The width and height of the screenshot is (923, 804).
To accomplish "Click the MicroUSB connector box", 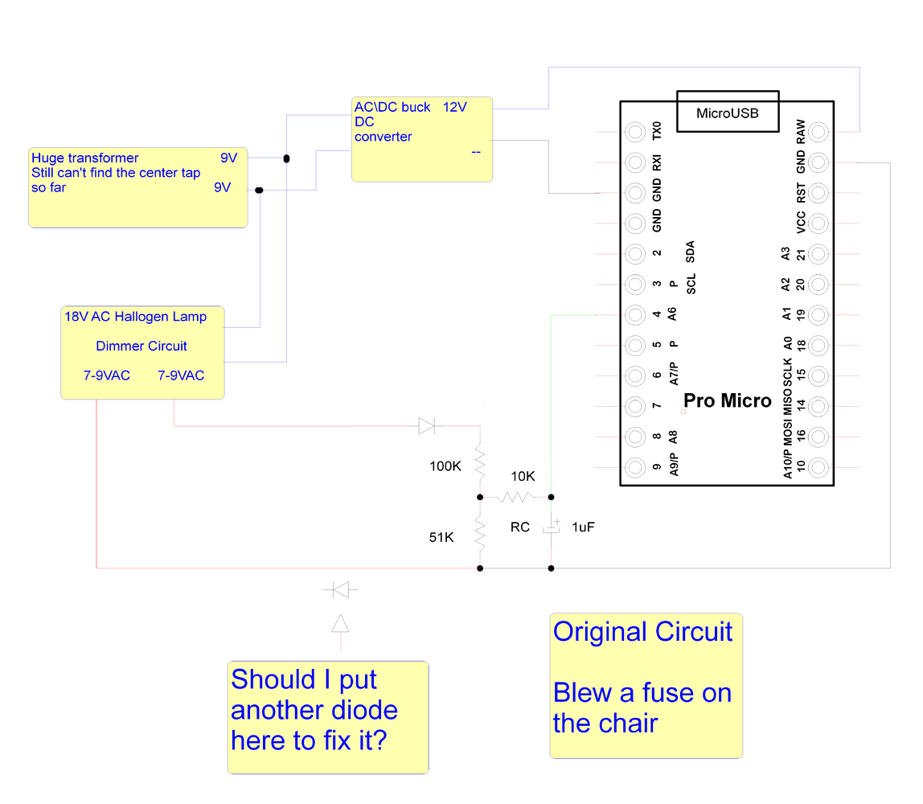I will point(727,112).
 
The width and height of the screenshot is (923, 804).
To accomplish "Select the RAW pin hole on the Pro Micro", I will point(818,132).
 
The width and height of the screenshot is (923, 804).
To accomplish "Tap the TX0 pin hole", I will point(635,132).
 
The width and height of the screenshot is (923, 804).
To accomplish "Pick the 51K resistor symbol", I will point(480,533).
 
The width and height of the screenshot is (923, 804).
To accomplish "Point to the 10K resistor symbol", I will point(515,498).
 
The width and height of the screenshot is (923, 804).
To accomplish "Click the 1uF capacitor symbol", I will point(551,528).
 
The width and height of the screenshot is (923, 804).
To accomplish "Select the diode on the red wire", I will point(427,426).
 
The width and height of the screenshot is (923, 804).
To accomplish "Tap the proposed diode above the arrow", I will point(341,591).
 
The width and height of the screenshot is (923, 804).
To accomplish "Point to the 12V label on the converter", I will point(454,107).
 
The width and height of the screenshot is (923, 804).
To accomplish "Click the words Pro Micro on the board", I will point(727,400).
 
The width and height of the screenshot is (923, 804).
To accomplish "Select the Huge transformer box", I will point(138,187).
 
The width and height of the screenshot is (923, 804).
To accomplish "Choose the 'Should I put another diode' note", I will point(328,717).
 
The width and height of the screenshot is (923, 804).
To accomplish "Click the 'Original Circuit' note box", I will point(646,686).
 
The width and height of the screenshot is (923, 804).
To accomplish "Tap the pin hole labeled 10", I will point(818,467).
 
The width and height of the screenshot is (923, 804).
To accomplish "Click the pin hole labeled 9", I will point(635,467).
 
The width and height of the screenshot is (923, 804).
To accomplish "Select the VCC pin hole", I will point(818,223).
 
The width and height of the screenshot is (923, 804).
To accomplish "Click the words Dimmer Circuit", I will point(142,346).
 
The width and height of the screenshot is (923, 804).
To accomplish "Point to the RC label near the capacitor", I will point(520,527).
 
